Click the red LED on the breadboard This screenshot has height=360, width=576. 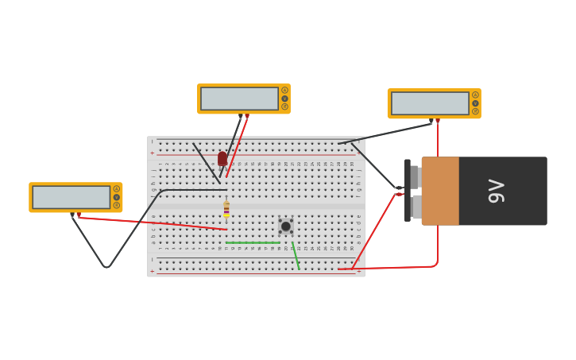[222, 159]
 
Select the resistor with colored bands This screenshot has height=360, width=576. [226, 209]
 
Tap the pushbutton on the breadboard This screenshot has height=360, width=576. [285, 226]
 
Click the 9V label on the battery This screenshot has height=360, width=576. [496, 191]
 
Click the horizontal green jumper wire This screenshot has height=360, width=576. [252, 242]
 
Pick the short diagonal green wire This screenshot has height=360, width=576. [296, 256]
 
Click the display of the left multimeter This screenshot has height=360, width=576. [71, 197]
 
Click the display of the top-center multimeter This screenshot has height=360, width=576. [239, 99]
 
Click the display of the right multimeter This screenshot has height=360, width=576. [430, 103]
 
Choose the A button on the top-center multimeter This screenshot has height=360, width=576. [284, 91]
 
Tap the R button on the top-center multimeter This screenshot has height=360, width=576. [284, 106]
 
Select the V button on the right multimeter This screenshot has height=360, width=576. [475, 103]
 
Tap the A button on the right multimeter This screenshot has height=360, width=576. [475, 95]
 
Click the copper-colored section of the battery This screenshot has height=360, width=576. [440, 191]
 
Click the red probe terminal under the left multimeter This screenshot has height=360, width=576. [79, 215]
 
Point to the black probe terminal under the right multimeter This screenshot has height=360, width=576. [431, 121]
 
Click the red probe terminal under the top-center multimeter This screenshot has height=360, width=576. [247, 116]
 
